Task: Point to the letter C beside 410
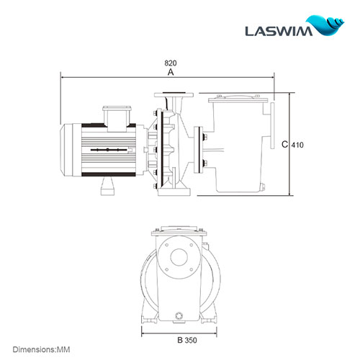pyautogui.click(x=285, y=145)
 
